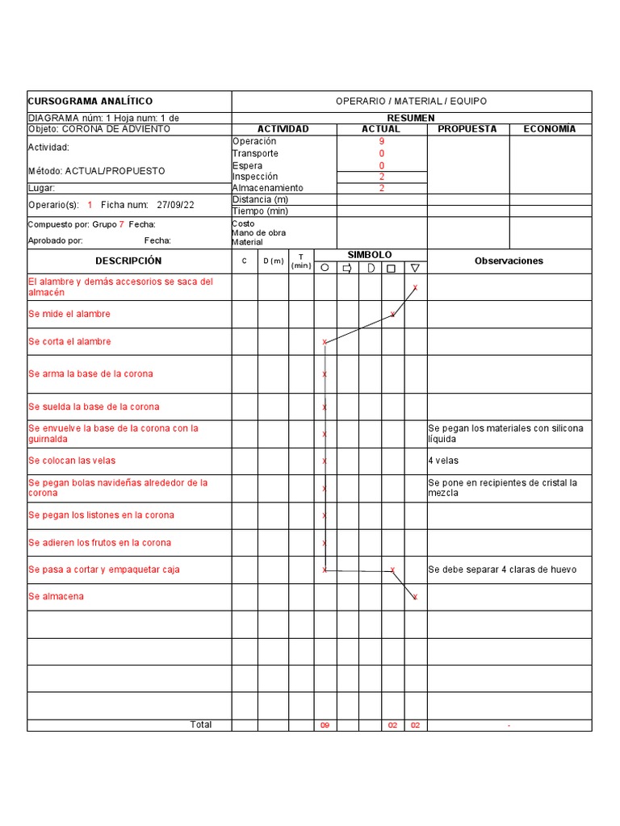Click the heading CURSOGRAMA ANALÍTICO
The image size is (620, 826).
(x=90, y=101)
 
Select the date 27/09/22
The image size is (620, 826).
(x=177, y=205)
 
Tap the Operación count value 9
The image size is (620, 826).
(x=381, y=141)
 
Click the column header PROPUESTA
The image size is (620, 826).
(x=467, y=129)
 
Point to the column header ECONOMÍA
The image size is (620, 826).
(x=550, y=129)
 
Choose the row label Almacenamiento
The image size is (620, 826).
(x=268, y=188)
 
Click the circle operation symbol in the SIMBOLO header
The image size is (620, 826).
(x=325, y=268)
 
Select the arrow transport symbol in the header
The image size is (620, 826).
(x=348, y=268)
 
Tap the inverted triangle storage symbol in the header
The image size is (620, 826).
(x=415, y=268)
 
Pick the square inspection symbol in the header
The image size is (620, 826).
(x=392, y=268)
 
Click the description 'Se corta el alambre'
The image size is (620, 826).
(x=70, y=341)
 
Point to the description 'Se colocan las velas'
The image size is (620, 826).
(x=72, y=461)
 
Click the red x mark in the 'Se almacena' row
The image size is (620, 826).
(x=415, y=597)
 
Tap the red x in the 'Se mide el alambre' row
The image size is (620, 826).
(x=392, y=315)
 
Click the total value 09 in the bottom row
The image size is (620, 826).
(x=325, y=725)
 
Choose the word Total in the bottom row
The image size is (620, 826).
(x=201, y=724)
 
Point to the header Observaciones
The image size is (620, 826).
(x=509, y=261)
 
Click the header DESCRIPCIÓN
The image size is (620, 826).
(x=128, y=261)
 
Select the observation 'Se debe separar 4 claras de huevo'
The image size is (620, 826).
(x=502, y=569)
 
